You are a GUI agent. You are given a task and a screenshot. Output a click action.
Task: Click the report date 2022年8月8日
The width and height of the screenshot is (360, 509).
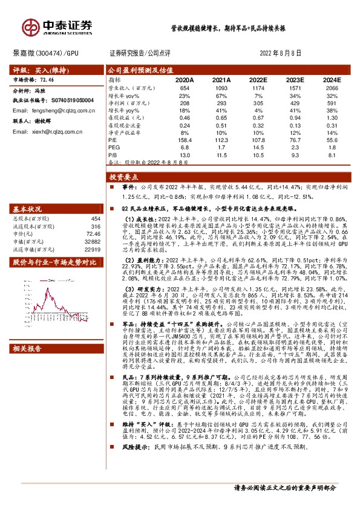pos(284,53)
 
